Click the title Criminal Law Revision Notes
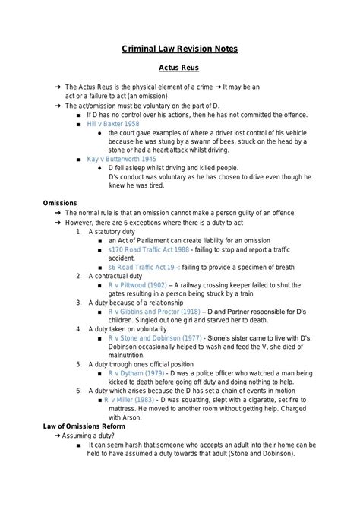coord(180,49)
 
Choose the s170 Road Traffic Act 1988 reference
coord(149,249)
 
